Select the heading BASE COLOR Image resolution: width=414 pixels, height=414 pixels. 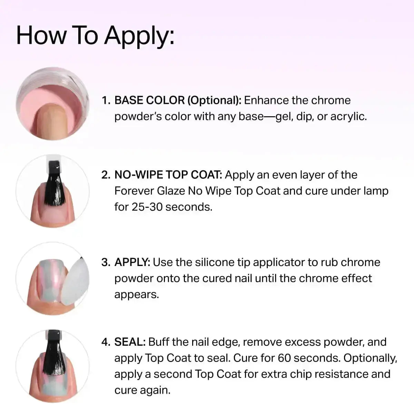[149, 100]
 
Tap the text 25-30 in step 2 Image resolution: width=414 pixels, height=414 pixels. [147, 207]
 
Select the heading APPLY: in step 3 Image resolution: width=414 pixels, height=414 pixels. [132, 262]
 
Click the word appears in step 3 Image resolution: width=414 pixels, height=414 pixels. [136, 295]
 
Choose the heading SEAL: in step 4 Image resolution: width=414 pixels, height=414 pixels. [130, 342]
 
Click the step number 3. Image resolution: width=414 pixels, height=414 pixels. [106, 263]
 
